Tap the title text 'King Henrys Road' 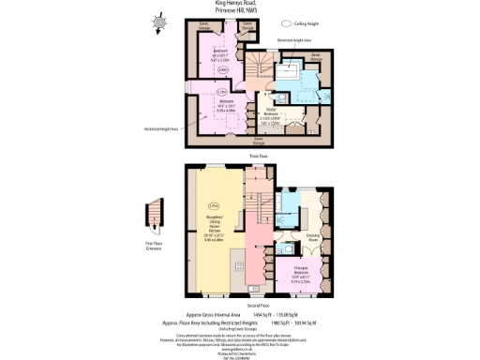pyautogui.click(x=240, y=3)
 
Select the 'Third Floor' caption pyautogui.click(x=260, y=156)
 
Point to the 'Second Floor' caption pyautogui.click(x=258, y=307)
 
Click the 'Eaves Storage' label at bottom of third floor pyautogui.click(x=259, y=142)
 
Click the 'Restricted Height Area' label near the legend pyautogui.click(x=296, y=41)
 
